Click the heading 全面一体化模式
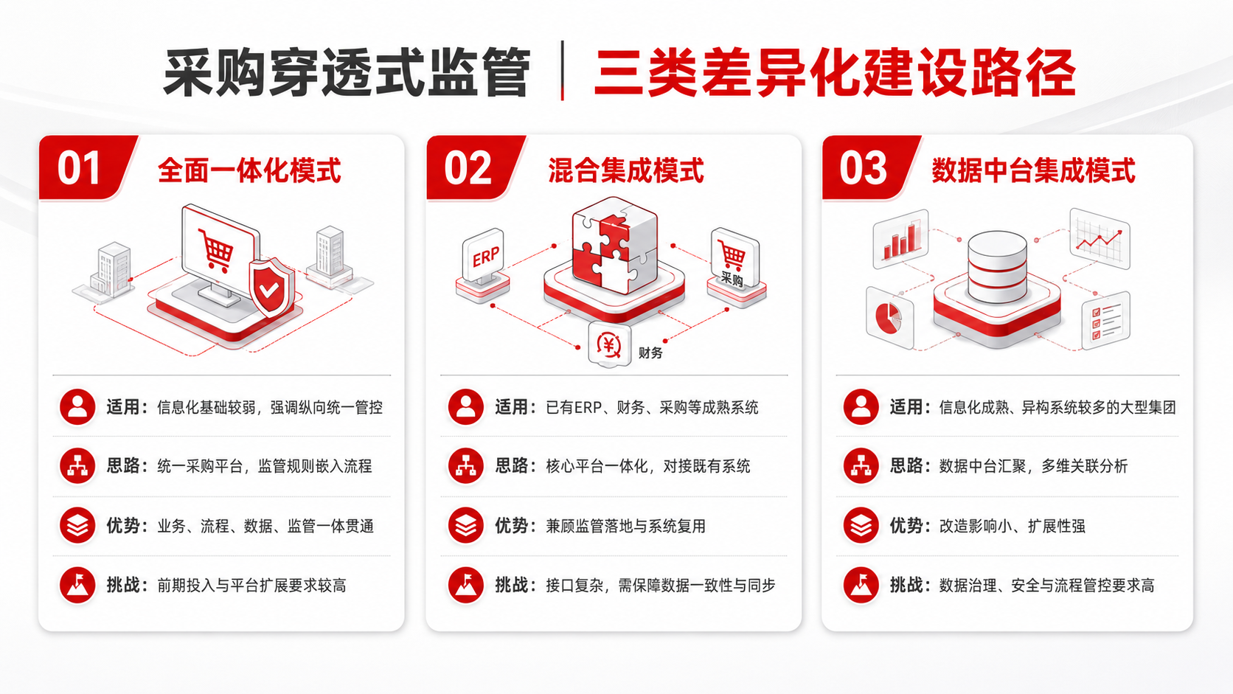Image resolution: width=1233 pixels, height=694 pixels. click(x=249, y=170)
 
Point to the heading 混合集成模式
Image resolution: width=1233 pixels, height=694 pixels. click(x=626, y=170)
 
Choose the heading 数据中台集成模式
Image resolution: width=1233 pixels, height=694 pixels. click(x=1033, y=170)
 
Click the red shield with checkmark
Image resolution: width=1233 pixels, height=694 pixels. click(x=271, y=287)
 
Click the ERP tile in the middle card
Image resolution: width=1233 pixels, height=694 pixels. click(x=484, y=255)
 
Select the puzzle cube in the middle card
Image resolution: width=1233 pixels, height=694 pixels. click(x=614, y=246)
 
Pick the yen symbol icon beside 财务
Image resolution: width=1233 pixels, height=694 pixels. click(x=609, y=345)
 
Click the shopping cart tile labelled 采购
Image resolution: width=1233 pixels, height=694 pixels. click(x=734, y=260)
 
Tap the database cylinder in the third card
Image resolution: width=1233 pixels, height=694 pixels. click(x=998, y=267)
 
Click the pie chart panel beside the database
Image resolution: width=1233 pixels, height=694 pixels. click(x=889, y=318)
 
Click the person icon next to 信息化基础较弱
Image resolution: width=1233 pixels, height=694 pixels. click(x=77, y=406)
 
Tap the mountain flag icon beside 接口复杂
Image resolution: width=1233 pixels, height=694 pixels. click(x=465, y=585)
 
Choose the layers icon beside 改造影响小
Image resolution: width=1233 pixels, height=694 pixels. click(x=861, y=526)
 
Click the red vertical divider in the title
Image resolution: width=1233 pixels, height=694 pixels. click(x=562, y=71)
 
